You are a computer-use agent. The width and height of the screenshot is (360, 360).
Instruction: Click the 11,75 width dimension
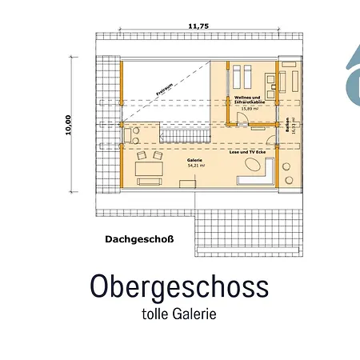click(x=198, y=26)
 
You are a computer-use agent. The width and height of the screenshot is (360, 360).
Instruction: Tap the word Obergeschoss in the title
click(x=179, y=286)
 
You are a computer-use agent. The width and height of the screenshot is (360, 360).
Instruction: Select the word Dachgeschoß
click(x=139, y=238)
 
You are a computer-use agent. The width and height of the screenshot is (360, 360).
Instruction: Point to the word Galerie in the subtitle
click(x=196, y=314)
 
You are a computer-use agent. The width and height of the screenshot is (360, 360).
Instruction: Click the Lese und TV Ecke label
click(x=246, y=150)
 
